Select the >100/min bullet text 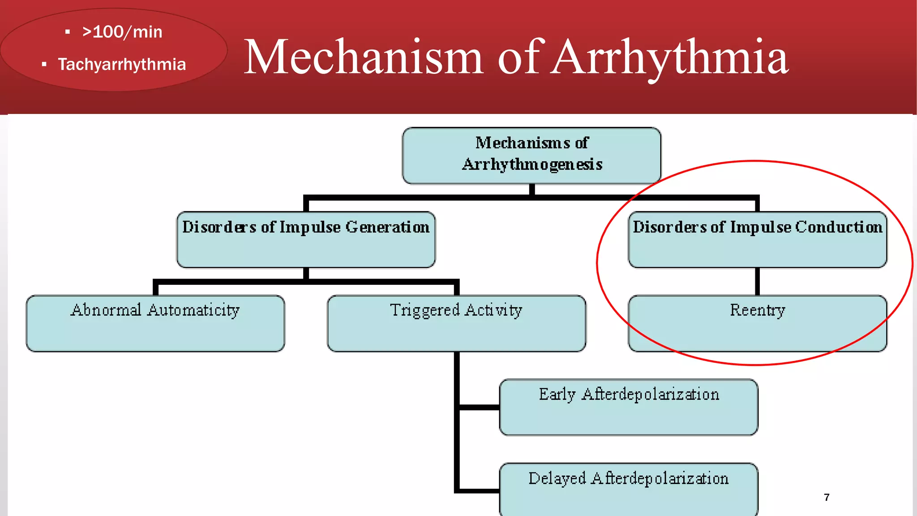click(122, 32)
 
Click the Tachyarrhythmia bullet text click(122, 64)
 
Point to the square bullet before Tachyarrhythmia click(44, 64)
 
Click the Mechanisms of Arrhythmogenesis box click(531, 155)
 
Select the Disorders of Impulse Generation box click(306, 240)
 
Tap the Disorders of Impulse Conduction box click(757, 240)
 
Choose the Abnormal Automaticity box click(155, 323)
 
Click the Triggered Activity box click(456, 323)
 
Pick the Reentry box click(757, 323)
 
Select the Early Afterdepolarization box click(629, 407)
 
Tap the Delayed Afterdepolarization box click(629, 489)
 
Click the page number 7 click(827, 497)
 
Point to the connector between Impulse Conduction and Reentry click(757, 281)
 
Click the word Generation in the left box click(387, 227)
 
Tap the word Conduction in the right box click(839, 227)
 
